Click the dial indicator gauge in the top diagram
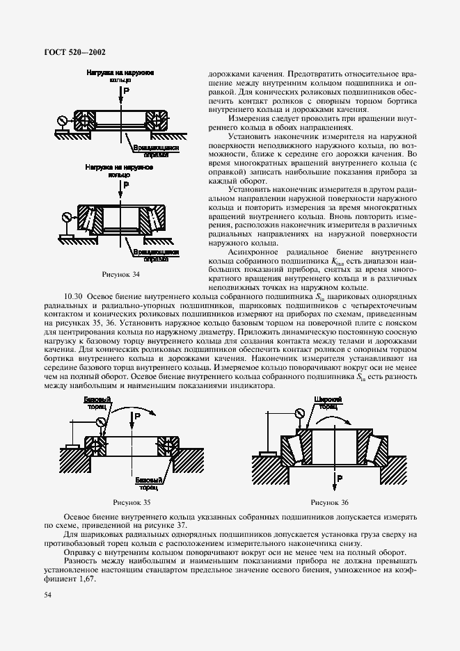point(62,120)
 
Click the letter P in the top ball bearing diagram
point(126,90)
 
